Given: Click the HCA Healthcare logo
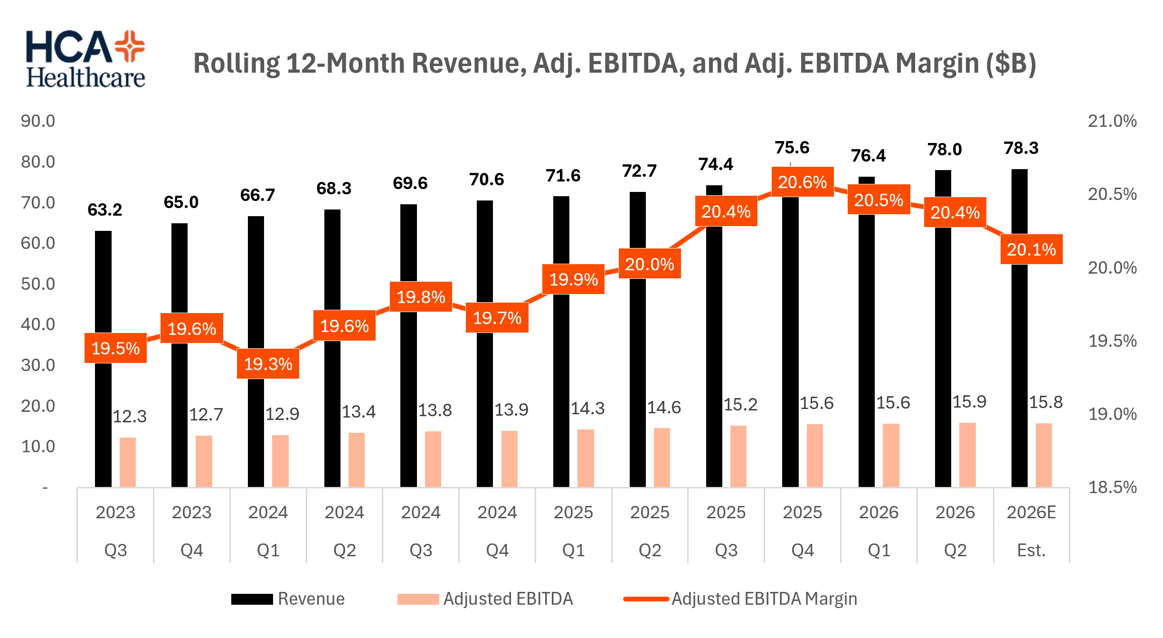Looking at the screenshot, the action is (x=85, y=59).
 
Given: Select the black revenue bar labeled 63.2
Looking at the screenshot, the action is (x=103, y=359).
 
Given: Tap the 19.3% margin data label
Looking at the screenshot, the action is (x=268, y=364).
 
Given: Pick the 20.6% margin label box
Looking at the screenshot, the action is (x=803, y=182).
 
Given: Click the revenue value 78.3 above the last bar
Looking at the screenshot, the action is (x=1021, y=148).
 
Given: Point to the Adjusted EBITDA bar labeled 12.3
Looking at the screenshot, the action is (x=128, y=462).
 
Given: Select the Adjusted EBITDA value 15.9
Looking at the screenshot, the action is (x=969, y=402).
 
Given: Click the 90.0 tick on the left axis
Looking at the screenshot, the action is (x=38, y=121).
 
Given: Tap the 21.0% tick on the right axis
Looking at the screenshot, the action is (x=1112, y=121).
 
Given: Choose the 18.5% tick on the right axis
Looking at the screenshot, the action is (x=1112, y=487).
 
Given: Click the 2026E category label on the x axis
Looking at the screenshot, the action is (x=1031, y=513).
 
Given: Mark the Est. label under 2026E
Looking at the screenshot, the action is (x=1031, y=551).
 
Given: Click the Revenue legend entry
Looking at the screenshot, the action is (x=288, y=599).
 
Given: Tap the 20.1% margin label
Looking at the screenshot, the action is (x=1031, y=249).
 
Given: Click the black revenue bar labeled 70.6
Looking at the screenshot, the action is (x=485, y=343).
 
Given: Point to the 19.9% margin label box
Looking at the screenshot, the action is (x=574, y=279).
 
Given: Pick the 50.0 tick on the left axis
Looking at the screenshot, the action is (x=38, y=284).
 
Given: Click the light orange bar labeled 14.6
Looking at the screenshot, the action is (x=662, y=457).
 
